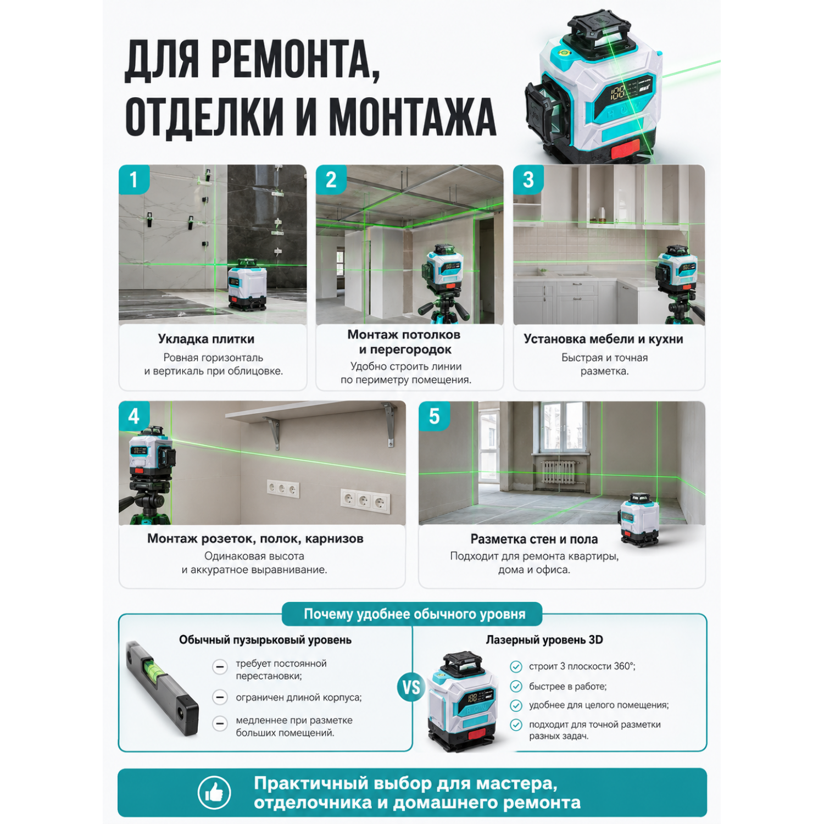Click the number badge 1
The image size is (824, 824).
[133, 179]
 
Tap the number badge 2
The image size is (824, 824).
[331, 179]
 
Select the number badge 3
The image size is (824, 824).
[528, 179]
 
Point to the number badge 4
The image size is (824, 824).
[133, 416]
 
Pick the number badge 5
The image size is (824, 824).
[434, 416]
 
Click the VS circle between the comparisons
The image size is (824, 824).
[411, 687]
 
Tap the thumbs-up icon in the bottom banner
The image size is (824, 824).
[214, 793]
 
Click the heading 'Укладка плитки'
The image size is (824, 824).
[206, 339]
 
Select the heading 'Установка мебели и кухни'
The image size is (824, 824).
[603, 339]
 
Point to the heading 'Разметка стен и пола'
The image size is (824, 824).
[534, 539]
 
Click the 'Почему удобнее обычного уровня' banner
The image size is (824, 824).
[412, 614]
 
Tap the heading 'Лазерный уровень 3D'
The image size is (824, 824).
[544, 640]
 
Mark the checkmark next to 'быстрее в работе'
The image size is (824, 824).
[516, 686]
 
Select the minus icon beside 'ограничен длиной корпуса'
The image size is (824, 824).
[220, 697]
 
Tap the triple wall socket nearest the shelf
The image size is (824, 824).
[283, 488]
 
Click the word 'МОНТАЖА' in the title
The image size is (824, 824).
[412, 117]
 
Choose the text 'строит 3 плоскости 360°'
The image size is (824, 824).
[582, 666]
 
